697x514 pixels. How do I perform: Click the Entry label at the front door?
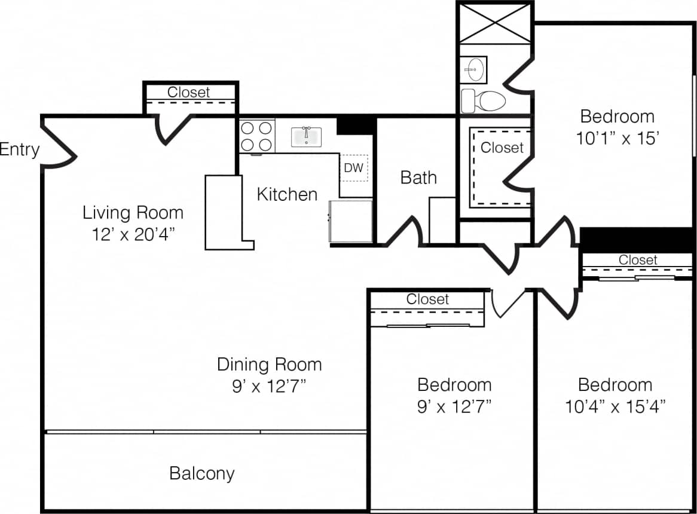pos(19,149)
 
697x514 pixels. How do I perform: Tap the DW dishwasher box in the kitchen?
pos(353,168)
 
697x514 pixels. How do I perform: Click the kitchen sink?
pos(306,136)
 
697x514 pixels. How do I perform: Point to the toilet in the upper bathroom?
pos(484,100)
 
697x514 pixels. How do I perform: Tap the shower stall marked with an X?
pos(495,23)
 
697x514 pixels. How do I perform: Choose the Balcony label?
pos(202,473)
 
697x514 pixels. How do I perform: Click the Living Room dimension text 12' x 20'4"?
pos(133,234)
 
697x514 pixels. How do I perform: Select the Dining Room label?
pos(269,364)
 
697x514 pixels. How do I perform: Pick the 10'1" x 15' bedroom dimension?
pos(617,139)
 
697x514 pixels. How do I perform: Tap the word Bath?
pos(418,178)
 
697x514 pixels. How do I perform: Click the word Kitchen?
pos(287,194)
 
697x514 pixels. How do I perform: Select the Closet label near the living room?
pos(188,92)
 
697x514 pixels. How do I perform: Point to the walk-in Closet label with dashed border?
pos(502,147)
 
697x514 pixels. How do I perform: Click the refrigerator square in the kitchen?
pos(351,221)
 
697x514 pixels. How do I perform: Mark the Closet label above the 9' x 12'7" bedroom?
pos(427,299)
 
